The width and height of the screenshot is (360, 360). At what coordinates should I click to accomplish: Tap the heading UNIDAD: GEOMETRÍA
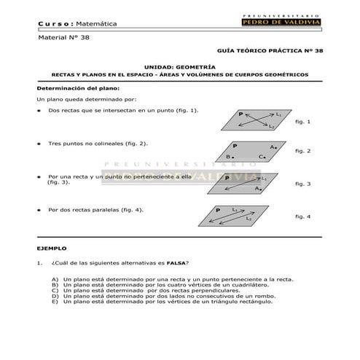pos(175,66)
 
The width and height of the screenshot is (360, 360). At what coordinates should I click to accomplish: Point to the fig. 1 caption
pos(303,122)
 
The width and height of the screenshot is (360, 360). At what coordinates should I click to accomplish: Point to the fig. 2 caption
pos(303,151)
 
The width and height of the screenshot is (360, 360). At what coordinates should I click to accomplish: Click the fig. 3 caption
pos(303,184)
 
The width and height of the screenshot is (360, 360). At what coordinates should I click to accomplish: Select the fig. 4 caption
pos(303,216)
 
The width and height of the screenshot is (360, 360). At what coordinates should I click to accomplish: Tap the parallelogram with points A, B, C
pos(251,152)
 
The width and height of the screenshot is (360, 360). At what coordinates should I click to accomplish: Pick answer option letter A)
pos(55,279)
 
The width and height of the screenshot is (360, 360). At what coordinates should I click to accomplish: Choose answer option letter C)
pos(55,291)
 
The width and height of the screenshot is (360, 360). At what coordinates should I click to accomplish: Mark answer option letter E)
pos(55,302)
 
